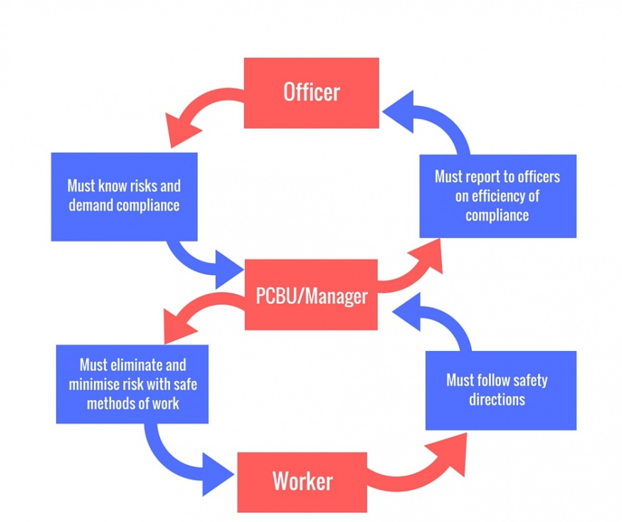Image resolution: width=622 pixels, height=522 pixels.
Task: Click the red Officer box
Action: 312,93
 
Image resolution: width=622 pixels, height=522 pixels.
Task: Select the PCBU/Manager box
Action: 311,295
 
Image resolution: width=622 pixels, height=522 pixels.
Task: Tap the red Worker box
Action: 302,482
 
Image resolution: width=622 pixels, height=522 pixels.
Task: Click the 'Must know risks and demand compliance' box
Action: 124,197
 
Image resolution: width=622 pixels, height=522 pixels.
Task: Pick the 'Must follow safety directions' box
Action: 501,390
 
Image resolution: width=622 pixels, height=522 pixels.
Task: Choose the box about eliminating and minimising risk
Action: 132,385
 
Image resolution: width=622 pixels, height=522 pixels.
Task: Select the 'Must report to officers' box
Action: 498,196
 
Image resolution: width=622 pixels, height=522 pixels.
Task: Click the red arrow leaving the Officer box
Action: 199,103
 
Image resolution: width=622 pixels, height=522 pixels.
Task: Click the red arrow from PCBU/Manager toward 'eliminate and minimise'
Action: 199,306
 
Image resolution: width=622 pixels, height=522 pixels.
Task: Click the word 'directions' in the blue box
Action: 497,400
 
